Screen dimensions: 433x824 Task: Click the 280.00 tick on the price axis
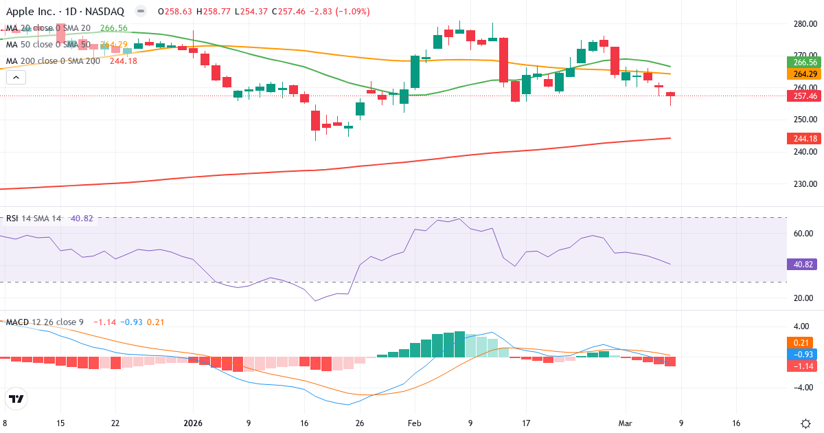(804, 23)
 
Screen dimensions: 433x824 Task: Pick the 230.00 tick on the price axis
(804, 184)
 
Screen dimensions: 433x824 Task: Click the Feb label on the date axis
(414, 423)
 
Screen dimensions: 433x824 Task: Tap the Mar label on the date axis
(625, 423)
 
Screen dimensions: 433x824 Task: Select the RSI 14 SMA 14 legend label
(34, 219)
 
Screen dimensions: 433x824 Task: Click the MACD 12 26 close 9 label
(45, 322)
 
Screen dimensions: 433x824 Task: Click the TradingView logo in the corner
(16, 399)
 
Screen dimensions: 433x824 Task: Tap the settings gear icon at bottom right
(806, 423)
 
